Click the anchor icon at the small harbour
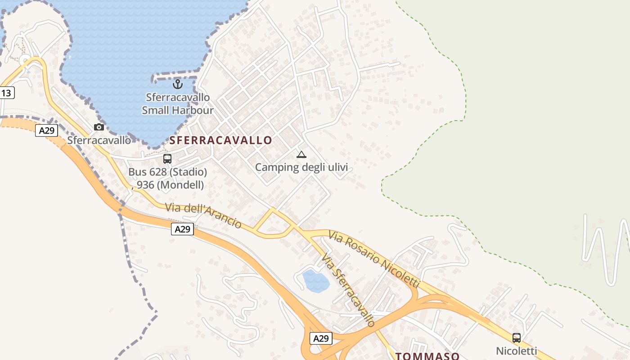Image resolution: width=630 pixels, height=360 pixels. coord(178,84)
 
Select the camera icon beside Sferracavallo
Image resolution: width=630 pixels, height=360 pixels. coord(99,127)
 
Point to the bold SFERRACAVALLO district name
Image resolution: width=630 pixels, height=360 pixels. coord(220,140)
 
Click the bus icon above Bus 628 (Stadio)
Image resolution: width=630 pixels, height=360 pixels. coord(167,159)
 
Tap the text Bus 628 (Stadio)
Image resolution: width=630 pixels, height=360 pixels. coord(167,172)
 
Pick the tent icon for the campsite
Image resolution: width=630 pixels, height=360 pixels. coord(301,155)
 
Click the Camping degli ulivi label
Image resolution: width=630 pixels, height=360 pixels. coord(301,167)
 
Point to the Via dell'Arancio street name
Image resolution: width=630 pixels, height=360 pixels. coord(203,216)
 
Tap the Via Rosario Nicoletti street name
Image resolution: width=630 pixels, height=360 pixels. coord(373,259)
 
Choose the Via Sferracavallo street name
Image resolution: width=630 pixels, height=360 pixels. coord(348,289)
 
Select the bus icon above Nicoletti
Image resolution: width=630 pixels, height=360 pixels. coord(517,337)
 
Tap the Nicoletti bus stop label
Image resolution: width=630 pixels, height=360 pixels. coord(517,351)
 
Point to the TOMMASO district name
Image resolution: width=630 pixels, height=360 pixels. coord(427,356)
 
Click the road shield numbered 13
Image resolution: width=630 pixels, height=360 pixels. coord(6,93)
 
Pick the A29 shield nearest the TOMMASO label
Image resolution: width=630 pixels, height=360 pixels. coord(321,338)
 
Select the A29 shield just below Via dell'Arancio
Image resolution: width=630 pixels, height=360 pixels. coord(182,229)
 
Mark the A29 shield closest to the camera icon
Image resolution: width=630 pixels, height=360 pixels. coord(47,130)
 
